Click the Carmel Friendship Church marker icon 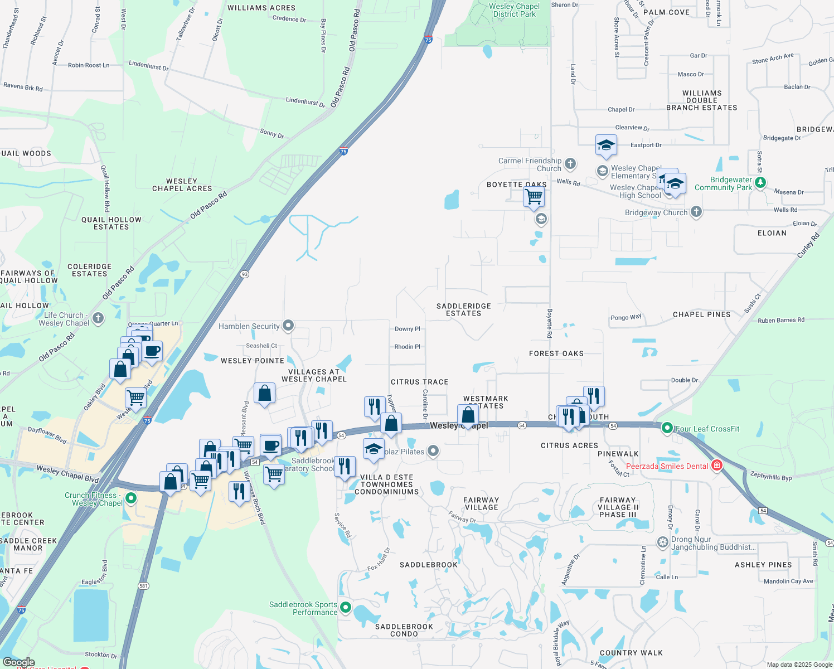pos(570,164)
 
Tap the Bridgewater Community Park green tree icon pos(760,183)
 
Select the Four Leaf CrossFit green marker pos(667,428)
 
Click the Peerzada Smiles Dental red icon pos(717,466)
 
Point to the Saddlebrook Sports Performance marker pos(346,608)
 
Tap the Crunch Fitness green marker pos(131,498)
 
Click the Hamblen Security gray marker pos(288,326)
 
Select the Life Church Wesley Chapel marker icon pos(98,318)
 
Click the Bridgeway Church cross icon pos(696,212)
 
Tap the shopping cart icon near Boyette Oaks pos(534,197)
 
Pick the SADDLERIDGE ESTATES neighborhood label pos(463,309)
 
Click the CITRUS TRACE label pos(419,382)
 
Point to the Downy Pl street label pos(408,329)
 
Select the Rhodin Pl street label pos(408,347)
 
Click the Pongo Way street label pos(626,317)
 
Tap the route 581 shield pos(143,586)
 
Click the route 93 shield pos(244,274)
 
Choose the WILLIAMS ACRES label pos(261,8)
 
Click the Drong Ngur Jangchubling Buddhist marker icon pos(662,542)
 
